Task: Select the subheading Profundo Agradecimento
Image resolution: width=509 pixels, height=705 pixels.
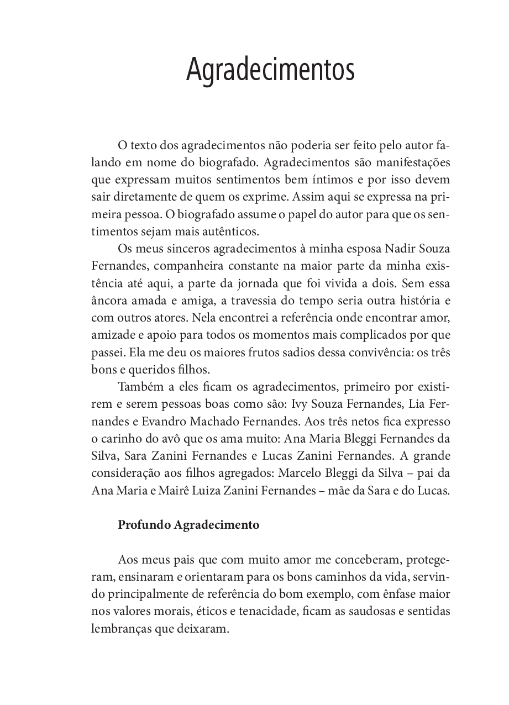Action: [188, 525]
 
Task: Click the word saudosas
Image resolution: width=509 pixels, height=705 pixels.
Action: [374, 611]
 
